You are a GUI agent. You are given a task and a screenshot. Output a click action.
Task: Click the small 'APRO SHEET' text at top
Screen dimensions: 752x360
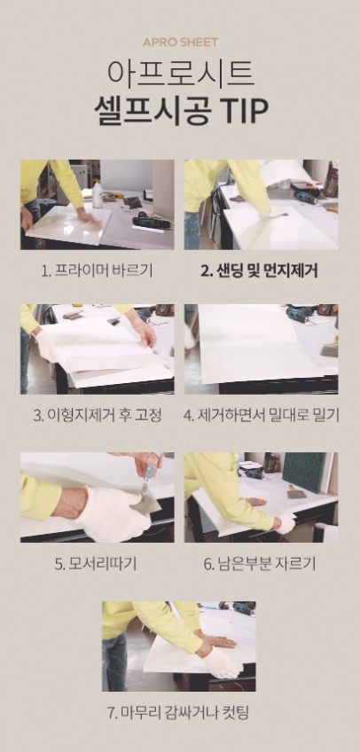coord(180,42)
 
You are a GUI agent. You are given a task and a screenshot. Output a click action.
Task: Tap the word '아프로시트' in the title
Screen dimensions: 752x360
coord(180,72)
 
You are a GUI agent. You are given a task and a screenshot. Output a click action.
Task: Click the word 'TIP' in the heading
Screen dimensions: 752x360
coord(245,107)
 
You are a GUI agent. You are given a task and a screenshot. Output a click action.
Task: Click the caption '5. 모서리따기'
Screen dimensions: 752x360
coord(97,563)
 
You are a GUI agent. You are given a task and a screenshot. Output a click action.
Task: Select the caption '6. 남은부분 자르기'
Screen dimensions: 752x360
coord(261,563)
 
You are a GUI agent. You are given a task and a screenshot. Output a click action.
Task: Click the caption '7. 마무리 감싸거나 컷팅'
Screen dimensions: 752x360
coord(180,712)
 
